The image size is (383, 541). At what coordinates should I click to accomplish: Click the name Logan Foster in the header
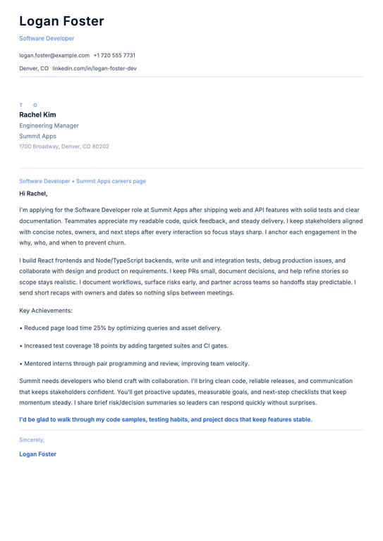(61, 21)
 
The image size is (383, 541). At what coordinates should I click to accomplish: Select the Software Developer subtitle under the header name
(47, 39)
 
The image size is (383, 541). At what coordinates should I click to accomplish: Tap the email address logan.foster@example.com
(54, 55)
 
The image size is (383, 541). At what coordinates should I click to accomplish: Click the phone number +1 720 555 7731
(114, 55)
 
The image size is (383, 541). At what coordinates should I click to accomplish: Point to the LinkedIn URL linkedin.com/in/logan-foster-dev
(95, 68)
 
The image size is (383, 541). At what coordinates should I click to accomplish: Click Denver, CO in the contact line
(34, 68)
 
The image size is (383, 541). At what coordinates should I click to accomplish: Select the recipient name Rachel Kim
(37, 115)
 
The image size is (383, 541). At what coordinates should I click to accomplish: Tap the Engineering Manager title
(49, 125)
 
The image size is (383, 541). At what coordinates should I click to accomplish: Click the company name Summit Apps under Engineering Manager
(37, 136)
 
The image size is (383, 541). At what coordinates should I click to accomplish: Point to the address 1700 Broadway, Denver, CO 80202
(64, 147)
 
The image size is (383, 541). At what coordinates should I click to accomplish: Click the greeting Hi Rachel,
(33, 193)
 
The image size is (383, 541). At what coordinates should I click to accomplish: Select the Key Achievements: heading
(46, 310)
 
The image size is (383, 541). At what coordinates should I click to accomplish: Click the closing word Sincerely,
(32, 440)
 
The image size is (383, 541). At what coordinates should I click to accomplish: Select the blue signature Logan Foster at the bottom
(37, 454)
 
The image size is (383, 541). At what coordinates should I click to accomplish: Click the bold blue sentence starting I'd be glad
(165, 420)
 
